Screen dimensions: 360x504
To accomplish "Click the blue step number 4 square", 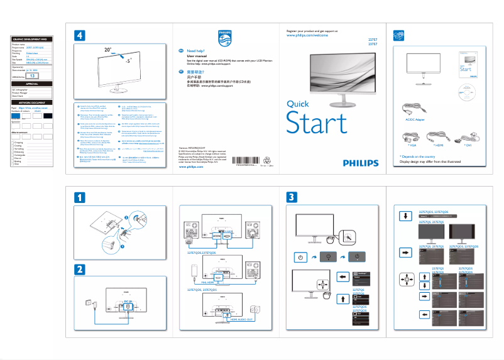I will pos(79,36).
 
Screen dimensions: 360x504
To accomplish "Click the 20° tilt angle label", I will pos(109,48).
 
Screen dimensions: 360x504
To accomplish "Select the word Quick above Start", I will pos(297,104).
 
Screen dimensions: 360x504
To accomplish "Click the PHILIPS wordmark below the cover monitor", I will pos(361,163).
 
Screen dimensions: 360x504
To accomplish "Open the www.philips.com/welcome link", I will pos(307,36).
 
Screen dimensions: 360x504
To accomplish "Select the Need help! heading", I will pos(197,50).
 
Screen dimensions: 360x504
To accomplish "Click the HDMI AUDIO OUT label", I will pos(240,320).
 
